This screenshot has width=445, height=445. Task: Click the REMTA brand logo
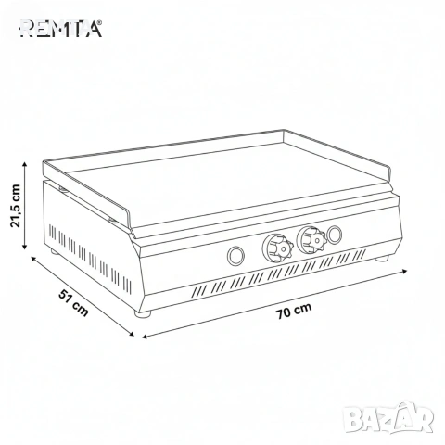[x=61, y=29]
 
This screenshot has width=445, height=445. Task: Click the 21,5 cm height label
[x=16, y=206]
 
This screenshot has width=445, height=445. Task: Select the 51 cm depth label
[x=73, y=303]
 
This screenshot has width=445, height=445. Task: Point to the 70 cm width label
[x=294, y=311]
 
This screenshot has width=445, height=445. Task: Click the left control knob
[x=278, y=247]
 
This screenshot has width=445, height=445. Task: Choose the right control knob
[x=311, y=238]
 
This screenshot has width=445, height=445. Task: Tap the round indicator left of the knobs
[x=235, y=256]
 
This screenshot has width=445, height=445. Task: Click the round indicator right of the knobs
[x=334, y=235]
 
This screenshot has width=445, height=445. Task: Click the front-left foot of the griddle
[x=143, y=313]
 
